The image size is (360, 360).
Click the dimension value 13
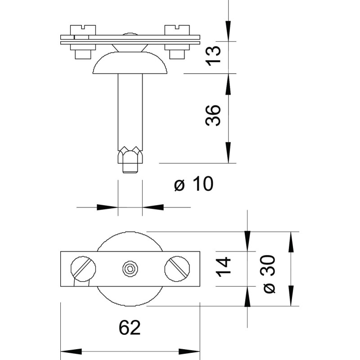point(213,56)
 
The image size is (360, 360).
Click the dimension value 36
point(213,116)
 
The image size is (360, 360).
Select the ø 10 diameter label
point(194,184)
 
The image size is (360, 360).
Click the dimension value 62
point(130,328)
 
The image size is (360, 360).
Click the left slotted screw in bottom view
point(83,269)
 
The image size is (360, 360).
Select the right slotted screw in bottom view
point(177,269)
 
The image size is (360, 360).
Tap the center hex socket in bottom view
point(130,269)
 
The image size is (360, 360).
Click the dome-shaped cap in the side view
point(130,63)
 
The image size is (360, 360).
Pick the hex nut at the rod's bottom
point(130,155)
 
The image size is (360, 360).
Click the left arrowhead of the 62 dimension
point(71,351)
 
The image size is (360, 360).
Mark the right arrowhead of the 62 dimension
point(189,351)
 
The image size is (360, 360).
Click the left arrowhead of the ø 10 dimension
point(108,207)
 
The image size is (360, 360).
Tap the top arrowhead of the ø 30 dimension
point(291,243)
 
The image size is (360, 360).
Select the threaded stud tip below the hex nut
point(130,168)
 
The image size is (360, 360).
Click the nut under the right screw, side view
point(177,54)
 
